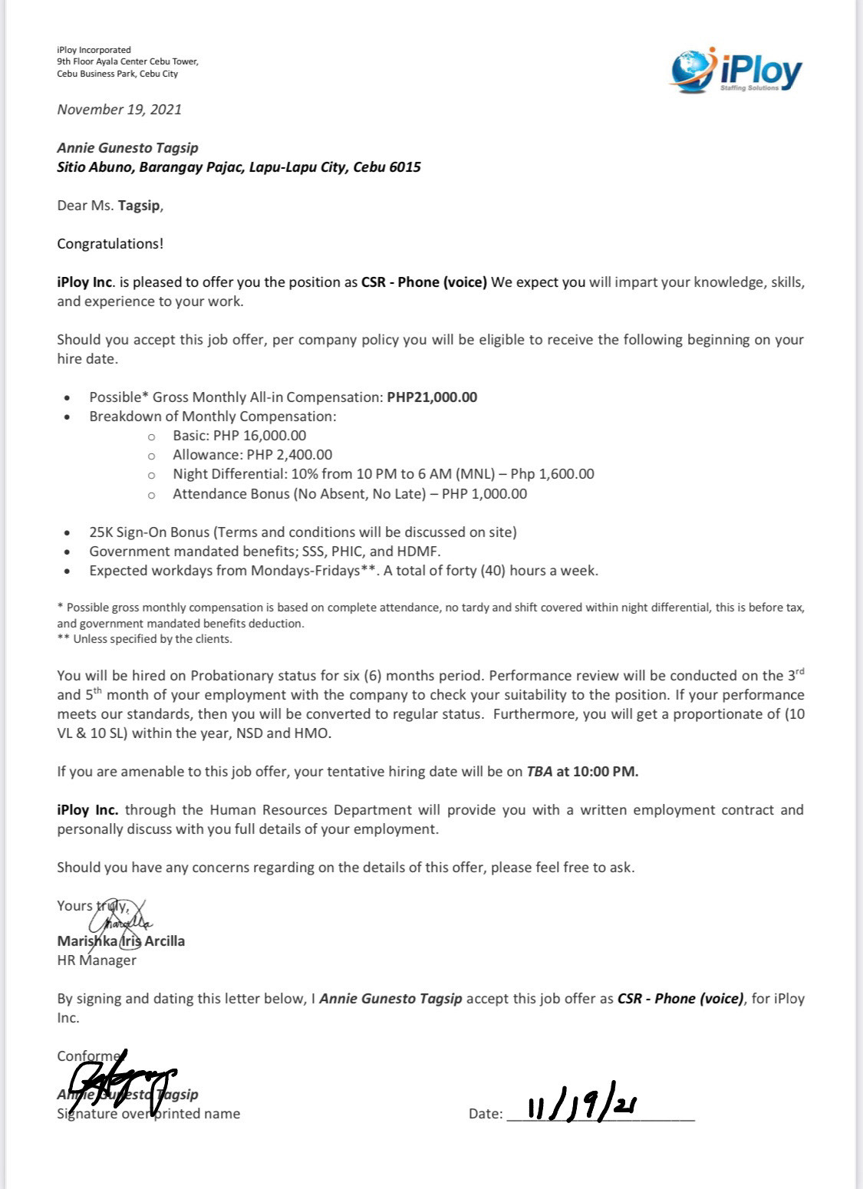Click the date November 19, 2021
point(120,109)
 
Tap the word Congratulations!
point(110,244)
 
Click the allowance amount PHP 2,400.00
point(289,455)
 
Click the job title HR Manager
point(97,960)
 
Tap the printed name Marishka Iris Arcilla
point(121,940)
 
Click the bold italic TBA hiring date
point(539,772)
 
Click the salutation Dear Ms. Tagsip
point(110,206)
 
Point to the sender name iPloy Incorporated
point(94,50)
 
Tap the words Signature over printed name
point(149,1113)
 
